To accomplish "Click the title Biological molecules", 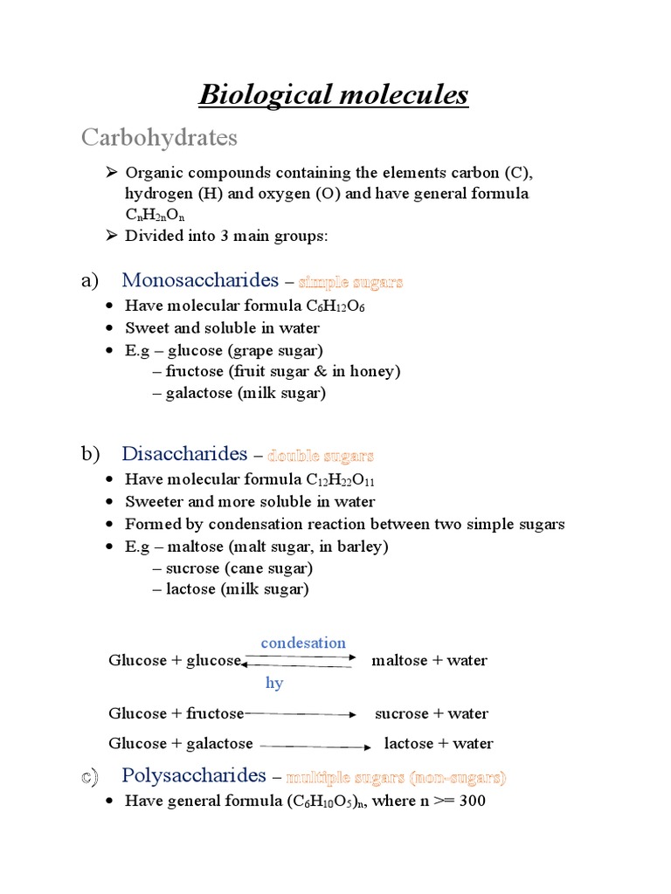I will (334, 94).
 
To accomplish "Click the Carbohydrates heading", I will (159, 138).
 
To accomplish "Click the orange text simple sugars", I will (350, 282).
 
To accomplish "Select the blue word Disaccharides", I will (184, 454).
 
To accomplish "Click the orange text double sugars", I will (321, 456).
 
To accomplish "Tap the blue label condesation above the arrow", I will (303, 643).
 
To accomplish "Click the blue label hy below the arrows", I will (274, 683).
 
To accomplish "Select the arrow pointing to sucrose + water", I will (301, 714).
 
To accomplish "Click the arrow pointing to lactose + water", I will (315, 746).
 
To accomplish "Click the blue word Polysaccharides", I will (193, 775).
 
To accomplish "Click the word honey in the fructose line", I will (373, 371).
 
